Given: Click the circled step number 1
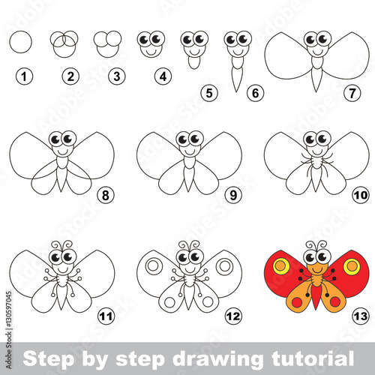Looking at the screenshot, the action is (x=24, y=76).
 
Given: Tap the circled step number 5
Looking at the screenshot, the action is (x=209, y=93).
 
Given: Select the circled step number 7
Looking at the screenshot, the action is (x=352, y=93).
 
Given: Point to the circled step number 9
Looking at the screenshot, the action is (x=233, y=195).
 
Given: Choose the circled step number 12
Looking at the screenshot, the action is (x=233, y=316).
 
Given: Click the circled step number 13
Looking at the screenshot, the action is (x=361, y=316).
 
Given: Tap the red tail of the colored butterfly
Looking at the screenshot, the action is (x=316, y=298).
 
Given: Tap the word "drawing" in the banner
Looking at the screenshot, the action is (x=217, y=359).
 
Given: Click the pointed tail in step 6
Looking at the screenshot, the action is (x=236, y=79).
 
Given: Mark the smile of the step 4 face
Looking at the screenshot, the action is (x=151, y=52).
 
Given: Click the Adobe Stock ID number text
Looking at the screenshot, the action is (x=8, y=330).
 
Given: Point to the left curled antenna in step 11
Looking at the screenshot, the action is (x=56, y=244).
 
